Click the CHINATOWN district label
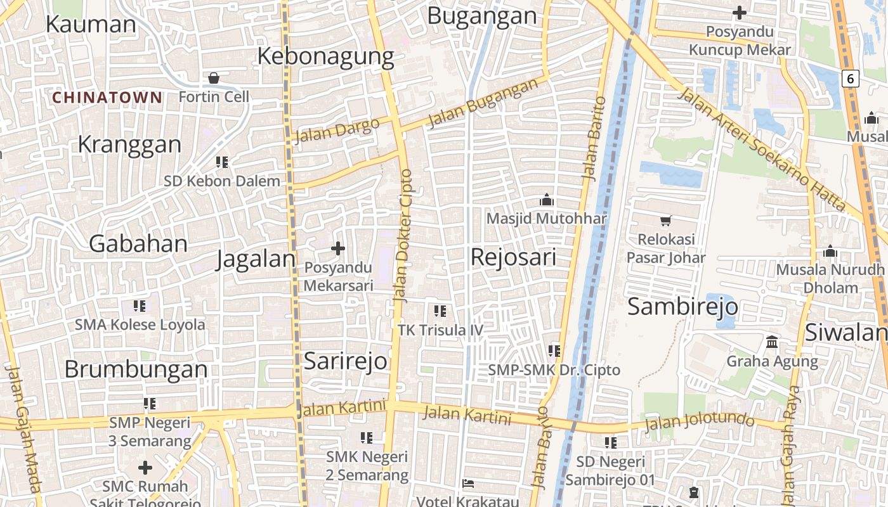coord(107,98)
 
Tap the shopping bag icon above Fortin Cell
coord(214,78)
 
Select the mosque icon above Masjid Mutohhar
coord(546,200)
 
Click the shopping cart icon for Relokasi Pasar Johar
coord(665,221)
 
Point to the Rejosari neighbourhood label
coord(513,257)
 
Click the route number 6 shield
coord(851,79)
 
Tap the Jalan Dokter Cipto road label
coord(403,234)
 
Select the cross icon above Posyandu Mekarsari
coord(338,248)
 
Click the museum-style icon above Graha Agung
coord(772,342)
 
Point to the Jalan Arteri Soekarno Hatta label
coord(761,150)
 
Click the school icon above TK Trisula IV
coord(440,311)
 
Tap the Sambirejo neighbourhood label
coord(682,307)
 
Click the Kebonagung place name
coord(325,56)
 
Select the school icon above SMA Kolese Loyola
coord(140,307)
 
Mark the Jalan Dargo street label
coord(337,130)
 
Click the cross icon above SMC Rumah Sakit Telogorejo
coord(145,468)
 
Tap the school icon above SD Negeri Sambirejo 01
coord(610,443)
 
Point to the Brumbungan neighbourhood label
coord(136,369)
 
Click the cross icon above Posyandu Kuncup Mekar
coord(740,13)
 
